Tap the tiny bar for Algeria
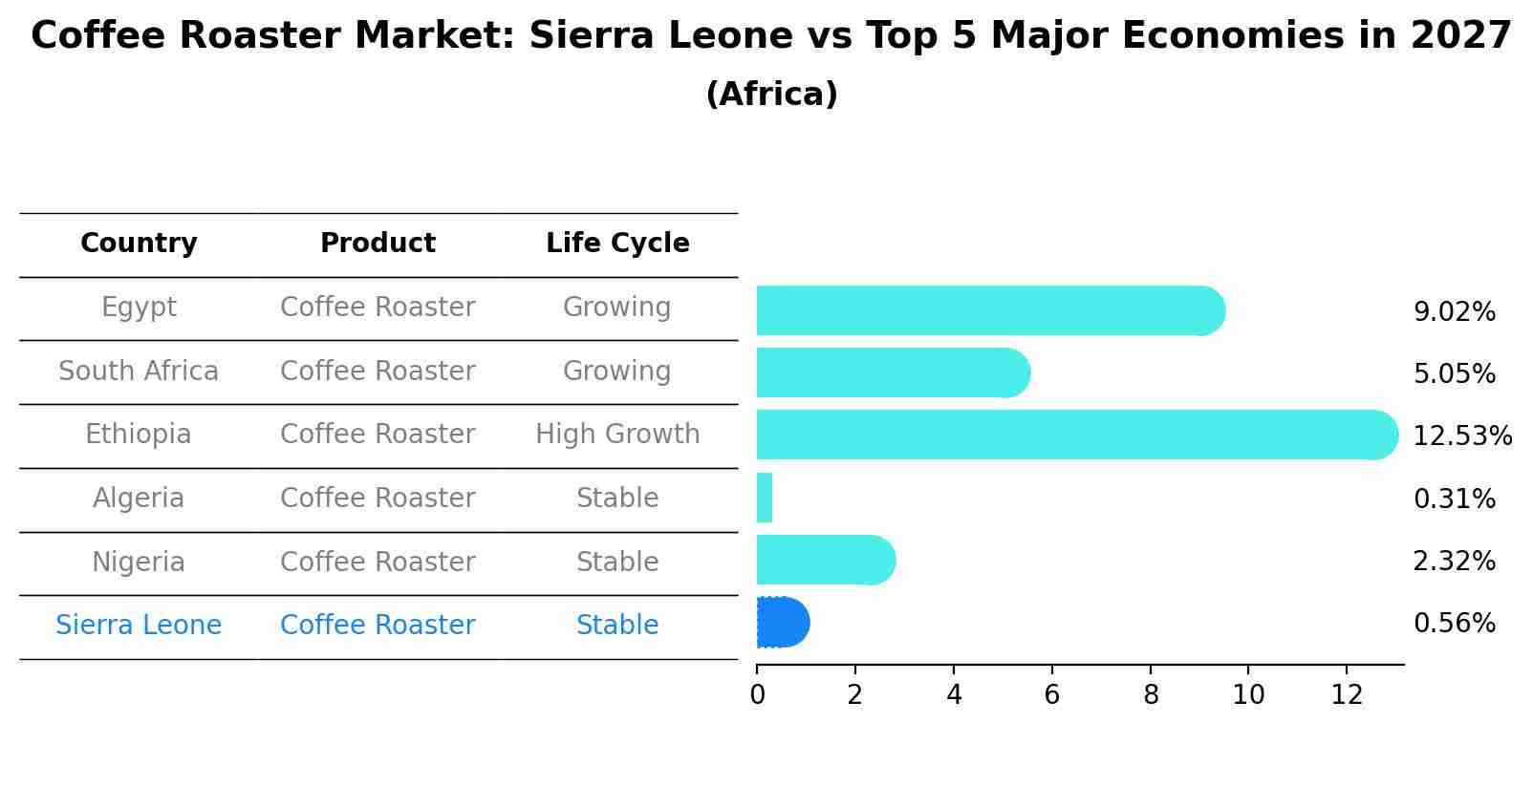765,498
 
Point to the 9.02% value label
1454,312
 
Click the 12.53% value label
1461,436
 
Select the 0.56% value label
1454,624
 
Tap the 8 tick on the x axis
1151,695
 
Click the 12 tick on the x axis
1347,695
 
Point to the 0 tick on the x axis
757,695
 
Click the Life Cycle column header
617,244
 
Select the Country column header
139,244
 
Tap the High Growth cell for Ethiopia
617,435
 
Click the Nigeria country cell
139,562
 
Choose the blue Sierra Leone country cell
139,626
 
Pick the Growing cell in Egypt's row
617,308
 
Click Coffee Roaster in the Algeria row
378,499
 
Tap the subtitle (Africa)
771,95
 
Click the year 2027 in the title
1460,36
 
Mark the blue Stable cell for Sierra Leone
617,626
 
